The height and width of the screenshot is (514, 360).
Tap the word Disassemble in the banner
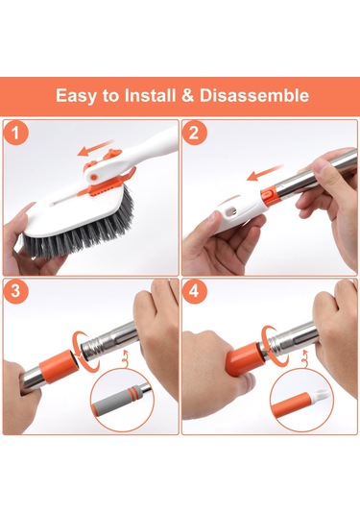point(254,95)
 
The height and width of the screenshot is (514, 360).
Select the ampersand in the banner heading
point(187,95)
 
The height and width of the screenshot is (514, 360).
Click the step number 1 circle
point(15,134)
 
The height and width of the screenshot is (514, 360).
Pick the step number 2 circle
point(195,134)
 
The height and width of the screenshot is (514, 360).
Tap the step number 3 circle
point(15,291)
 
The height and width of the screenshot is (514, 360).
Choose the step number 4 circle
point(195,291)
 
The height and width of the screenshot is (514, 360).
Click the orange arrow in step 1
point(95,148)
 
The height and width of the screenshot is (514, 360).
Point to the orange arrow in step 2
point(265,173)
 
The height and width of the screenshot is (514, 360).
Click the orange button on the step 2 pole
point(265,195)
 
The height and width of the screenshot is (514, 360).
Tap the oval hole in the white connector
point(232,210)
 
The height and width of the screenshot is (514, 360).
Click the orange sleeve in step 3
point(59,365)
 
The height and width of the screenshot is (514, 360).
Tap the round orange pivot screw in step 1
point(94,177)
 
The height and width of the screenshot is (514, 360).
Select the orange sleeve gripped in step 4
point(244,360)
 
